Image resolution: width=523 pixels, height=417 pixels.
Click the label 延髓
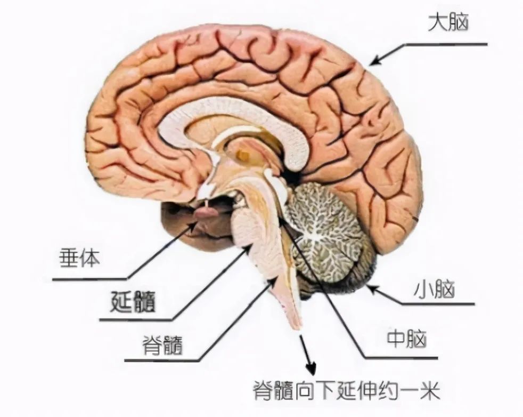[133, 301]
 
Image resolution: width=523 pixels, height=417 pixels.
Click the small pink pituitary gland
[207, 212]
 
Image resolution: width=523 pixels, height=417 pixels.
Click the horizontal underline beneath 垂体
[91, 278]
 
